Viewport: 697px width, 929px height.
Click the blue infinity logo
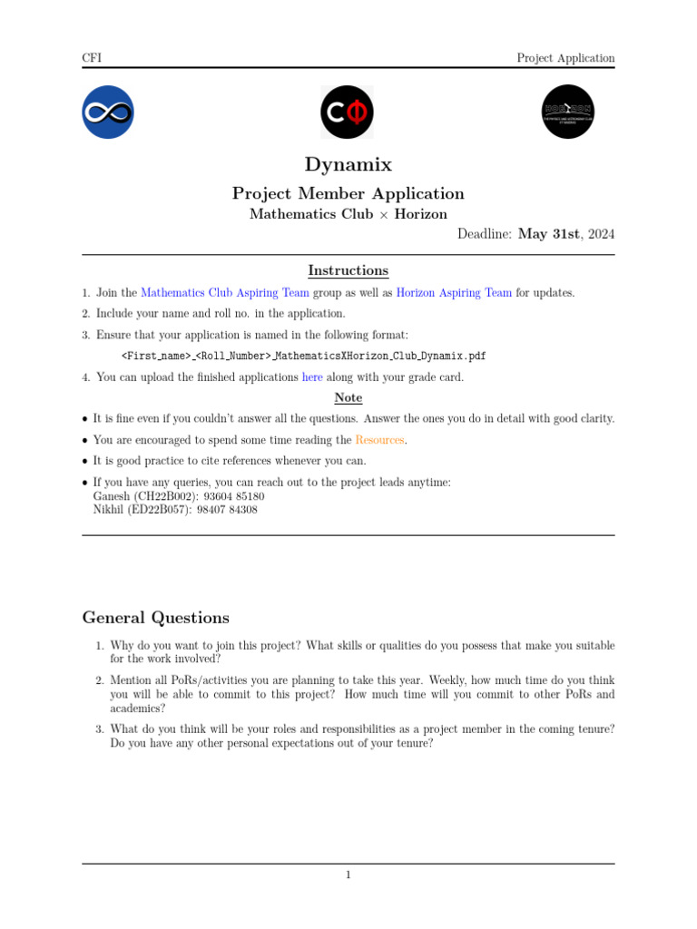[x=108, y=112]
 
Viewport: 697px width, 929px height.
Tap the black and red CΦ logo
[x=348, y=112]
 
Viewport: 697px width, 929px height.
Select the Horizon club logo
[x=568, y=112]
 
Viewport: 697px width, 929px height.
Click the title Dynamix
[x=348, y=164]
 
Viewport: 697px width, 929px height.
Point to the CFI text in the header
[x=92, y=58]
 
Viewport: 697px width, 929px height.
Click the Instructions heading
[x=348, y=270]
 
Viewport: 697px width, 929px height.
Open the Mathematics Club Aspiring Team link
[x=225, y=293]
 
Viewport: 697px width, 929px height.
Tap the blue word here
[x=312, y=377]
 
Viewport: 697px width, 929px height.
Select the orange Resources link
[x=379, y=440]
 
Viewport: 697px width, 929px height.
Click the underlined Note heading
[x=348, y=397]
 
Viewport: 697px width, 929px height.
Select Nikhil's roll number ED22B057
[x=164, y=510]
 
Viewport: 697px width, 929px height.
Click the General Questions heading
[x=156, y=618]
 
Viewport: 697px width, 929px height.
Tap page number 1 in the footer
[x=348, y=875]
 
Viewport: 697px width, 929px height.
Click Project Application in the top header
[x=565, y=58]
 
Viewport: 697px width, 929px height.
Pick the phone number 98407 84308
[x=226, y=510]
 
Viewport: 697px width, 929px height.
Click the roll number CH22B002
[x=166, y=496]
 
